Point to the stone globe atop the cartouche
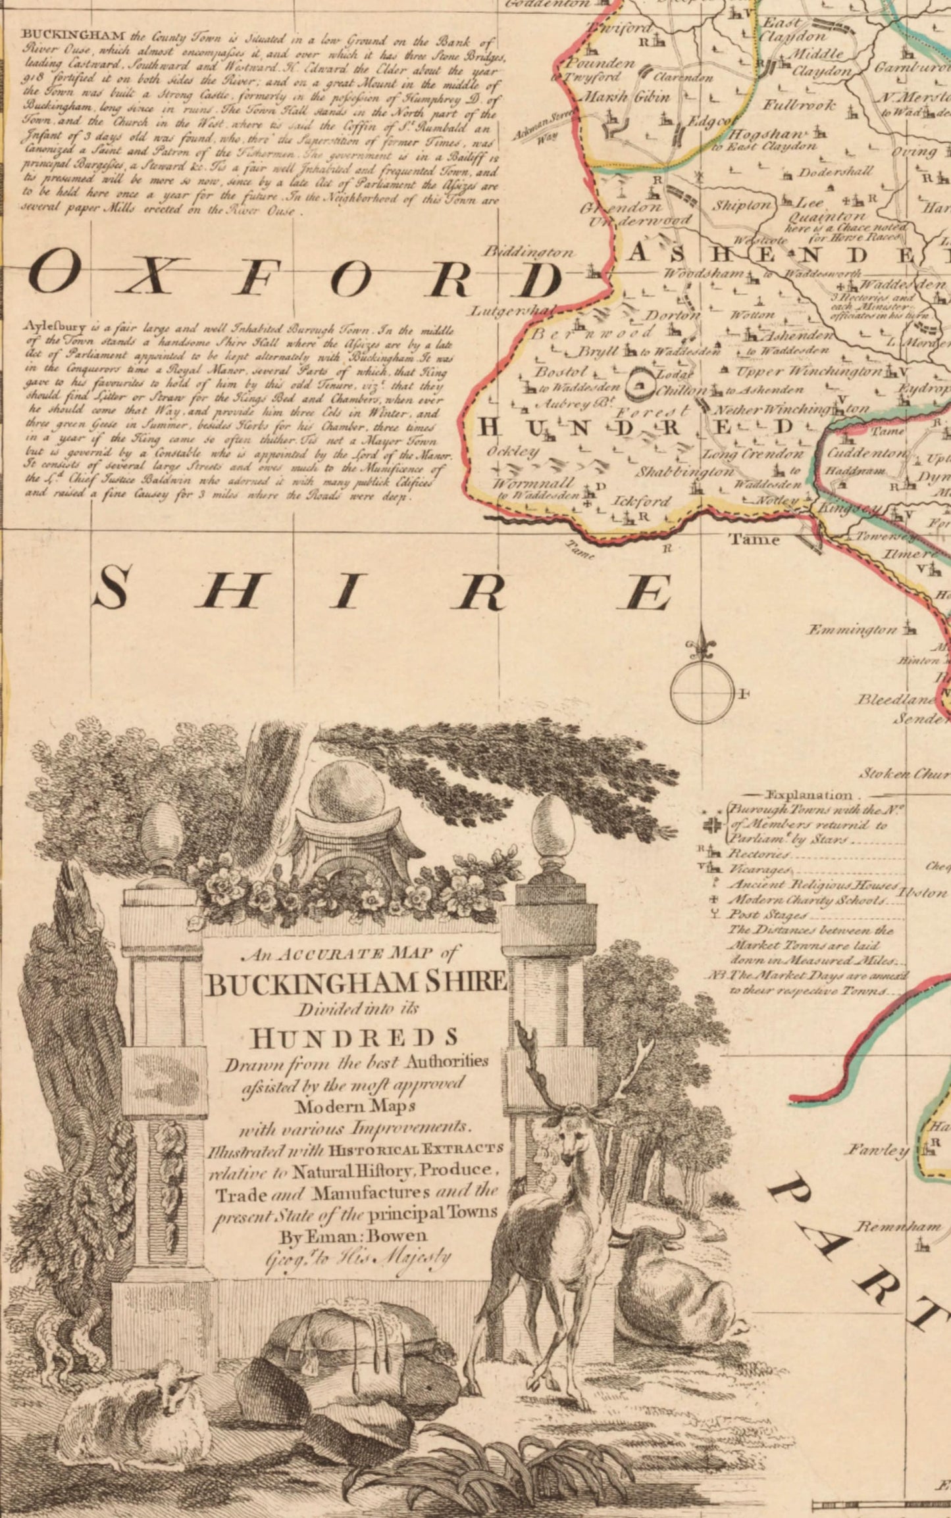[347, 793]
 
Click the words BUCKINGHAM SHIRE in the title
[356, 983]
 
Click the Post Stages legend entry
[767, 915]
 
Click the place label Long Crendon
[753, 454]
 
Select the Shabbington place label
[684, 472]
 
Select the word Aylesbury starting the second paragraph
[49, 326]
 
